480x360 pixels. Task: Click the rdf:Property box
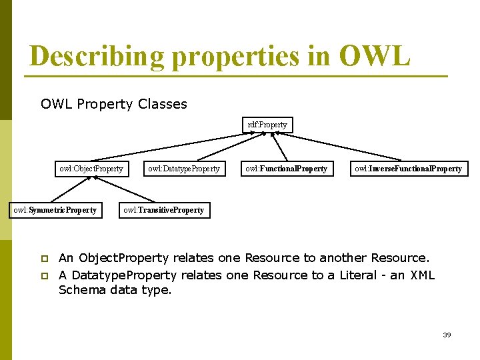[267, 125]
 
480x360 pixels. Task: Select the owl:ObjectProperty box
[91, 169]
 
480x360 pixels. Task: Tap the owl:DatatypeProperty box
[184, 169]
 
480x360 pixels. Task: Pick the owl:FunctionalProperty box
[286, 169]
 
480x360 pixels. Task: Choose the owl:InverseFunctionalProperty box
[408, 169]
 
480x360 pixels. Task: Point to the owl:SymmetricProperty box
[55, 211]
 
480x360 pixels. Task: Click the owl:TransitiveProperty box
[163, 211]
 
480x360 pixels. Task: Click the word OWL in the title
[374, 56]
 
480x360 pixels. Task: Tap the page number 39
[447, 335]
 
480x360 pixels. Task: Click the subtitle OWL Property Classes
[114, 104]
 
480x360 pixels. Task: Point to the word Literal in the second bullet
[360, 275]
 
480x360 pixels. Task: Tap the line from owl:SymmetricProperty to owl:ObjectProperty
[71, 189]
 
